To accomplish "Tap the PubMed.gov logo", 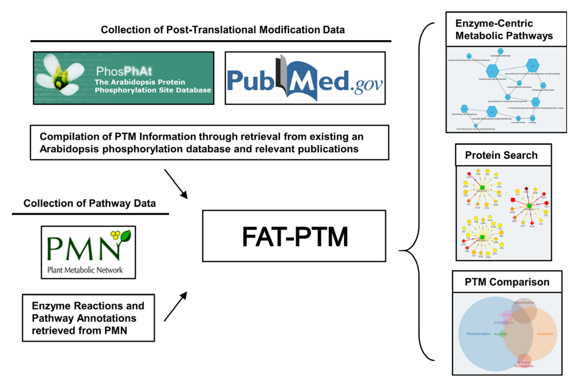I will (x=305, y=78).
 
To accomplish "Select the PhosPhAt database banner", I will (x=123, y=78).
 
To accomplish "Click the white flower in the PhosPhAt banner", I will (x=58, y=76).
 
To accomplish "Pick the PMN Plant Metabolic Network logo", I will (x=88, y=252).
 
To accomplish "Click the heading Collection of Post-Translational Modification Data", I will (x=223, y=30).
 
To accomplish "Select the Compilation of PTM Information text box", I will (x=202, y=143).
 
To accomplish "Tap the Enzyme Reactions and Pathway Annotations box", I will (x=88, y=318).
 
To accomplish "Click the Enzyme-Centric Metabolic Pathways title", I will (x=504, y=30).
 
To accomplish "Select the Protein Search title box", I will (x=501, y=155).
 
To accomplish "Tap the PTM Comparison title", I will (x=507, y=282).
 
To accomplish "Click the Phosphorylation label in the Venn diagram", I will (x=478, y=334).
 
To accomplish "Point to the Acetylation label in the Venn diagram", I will (x=545, y=334).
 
